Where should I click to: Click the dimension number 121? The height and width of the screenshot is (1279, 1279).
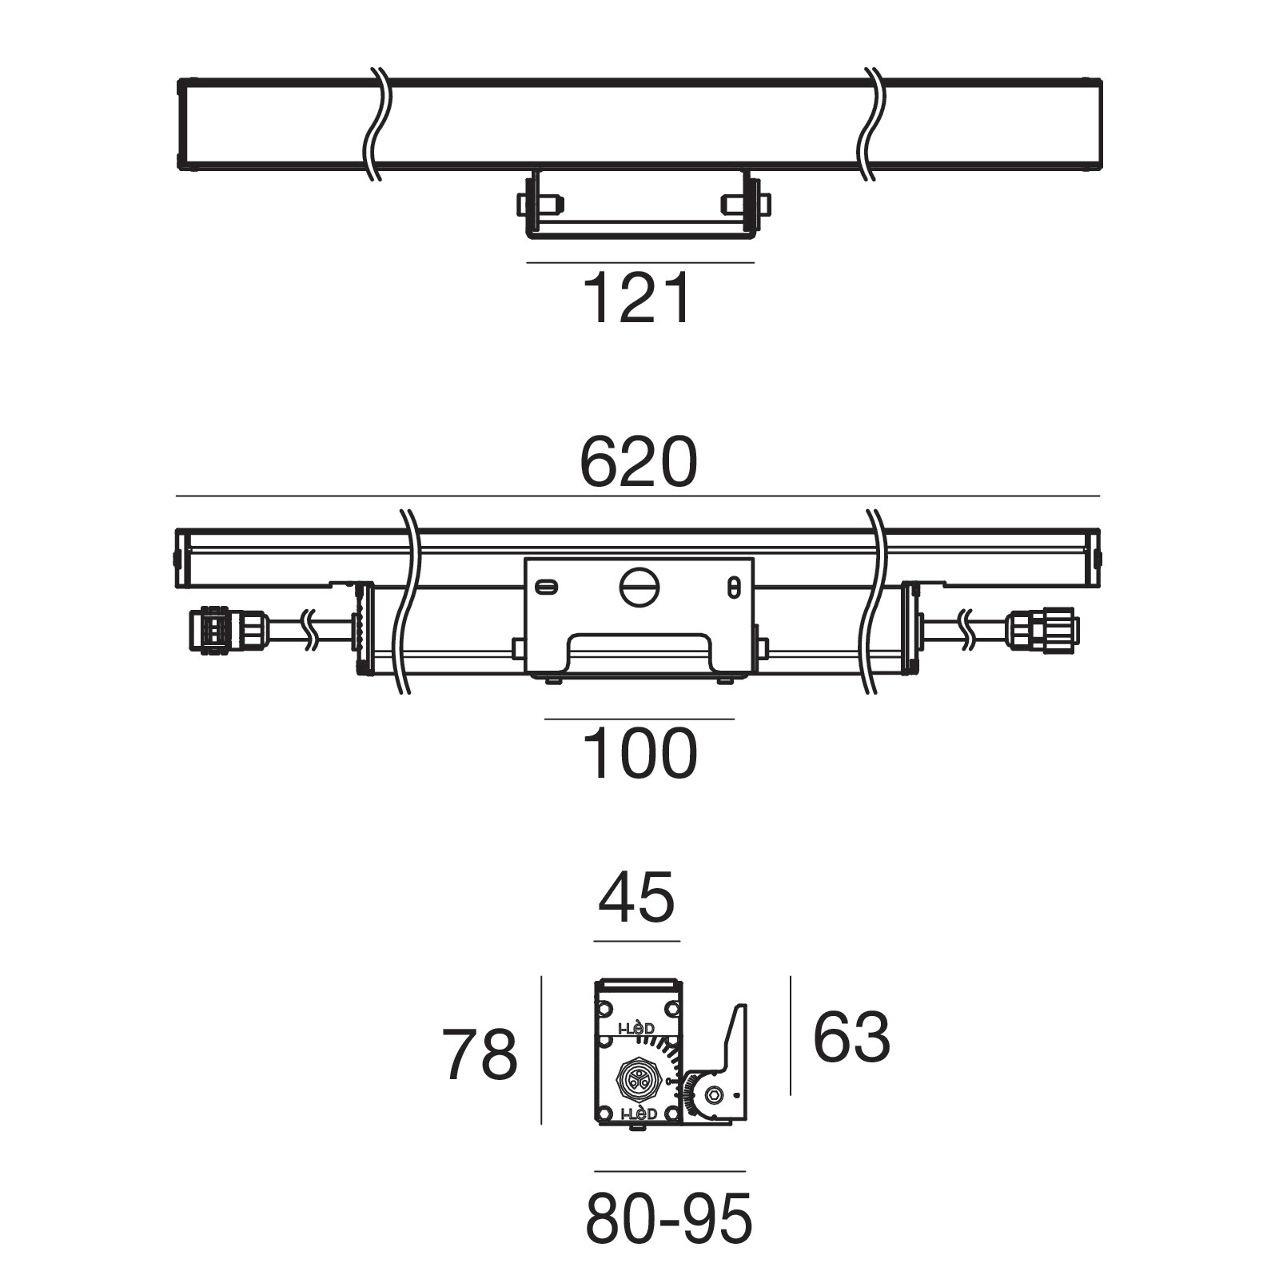point(638,298)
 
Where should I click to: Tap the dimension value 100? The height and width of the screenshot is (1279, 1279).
point(639,753)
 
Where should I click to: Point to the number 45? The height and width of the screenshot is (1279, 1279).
point(637,897)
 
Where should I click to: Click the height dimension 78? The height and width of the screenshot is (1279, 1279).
point(480,1054)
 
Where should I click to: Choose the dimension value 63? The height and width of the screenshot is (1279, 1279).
point(851,1037)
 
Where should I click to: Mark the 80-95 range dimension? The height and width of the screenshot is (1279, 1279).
point(669,1219)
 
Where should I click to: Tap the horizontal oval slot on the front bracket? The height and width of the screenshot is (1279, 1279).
point(546,587)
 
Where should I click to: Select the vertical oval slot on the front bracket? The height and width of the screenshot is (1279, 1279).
point(733,587)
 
